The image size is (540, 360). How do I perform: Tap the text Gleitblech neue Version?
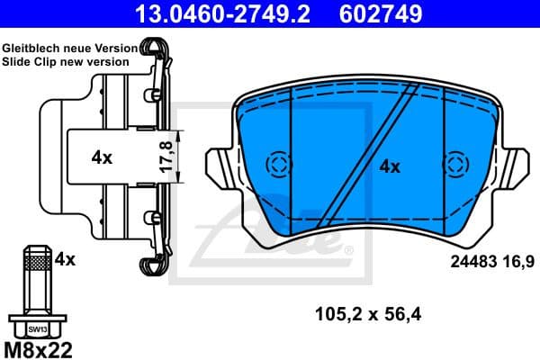pyautogui.click(x=69, y=47)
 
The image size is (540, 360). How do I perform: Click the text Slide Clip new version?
pyautogui.click(x=65, y=61)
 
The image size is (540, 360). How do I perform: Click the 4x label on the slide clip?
pyautogui.click(x=102, y=157)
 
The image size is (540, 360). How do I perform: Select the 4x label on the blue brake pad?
pyautogui.click(x=389, y=166)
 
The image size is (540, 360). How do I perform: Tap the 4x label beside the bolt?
pyautogui.click(x=64, y=260)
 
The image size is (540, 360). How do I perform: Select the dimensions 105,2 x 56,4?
pyautogui.click(x=368, y=314)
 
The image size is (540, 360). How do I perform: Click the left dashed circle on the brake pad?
pyautogui.click(x=279, y=164)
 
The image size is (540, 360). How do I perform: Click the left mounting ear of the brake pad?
pyautogui.click(x=221, y=167)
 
